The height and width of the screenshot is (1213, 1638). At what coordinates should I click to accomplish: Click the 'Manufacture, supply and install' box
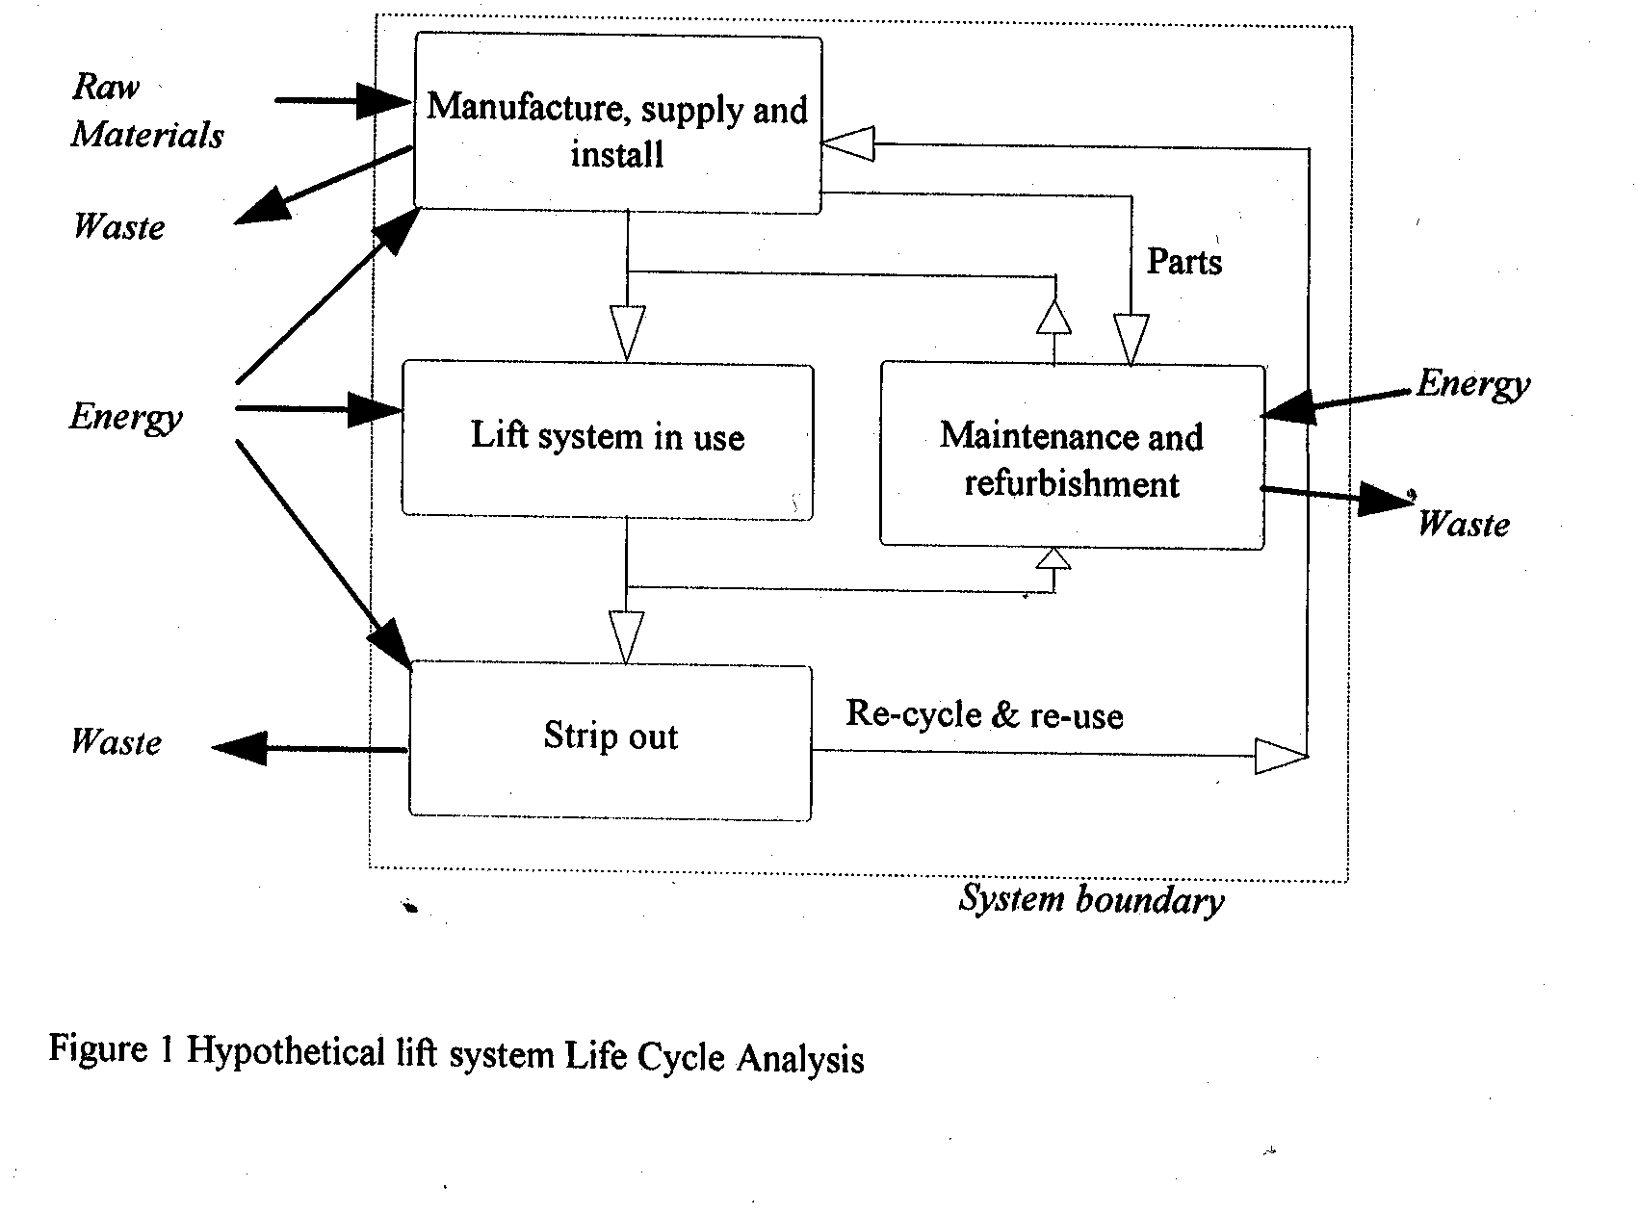point(617,125)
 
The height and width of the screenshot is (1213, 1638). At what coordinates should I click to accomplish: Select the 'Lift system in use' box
point(607,439)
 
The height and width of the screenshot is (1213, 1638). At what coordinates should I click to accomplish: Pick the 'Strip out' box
point(611,739)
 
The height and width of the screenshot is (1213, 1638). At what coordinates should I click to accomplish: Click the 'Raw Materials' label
point(146,111)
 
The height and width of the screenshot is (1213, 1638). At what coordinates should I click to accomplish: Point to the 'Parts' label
point(1184,262)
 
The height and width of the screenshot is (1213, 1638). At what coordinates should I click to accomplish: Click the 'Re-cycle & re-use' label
point(984,715)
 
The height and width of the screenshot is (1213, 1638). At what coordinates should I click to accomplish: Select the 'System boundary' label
point(1091,900)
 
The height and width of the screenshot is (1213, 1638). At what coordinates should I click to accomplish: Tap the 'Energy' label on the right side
point(1472,385)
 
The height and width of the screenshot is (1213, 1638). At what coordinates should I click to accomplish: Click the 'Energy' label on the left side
point(126,418)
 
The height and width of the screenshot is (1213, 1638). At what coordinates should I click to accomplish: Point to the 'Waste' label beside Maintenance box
point(1463,525)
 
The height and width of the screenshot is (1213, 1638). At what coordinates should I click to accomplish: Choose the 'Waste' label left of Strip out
point(117,742)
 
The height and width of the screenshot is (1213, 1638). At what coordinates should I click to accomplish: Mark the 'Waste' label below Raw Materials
point(119,227)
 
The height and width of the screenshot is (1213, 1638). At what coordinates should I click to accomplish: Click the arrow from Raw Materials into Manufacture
point(343,100)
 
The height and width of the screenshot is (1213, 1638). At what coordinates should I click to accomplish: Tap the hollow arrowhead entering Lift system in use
point(627,333)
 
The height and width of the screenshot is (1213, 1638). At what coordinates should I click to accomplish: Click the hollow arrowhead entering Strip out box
point(626,637)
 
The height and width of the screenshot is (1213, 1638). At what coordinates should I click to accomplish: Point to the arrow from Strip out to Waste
point(308,748)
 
